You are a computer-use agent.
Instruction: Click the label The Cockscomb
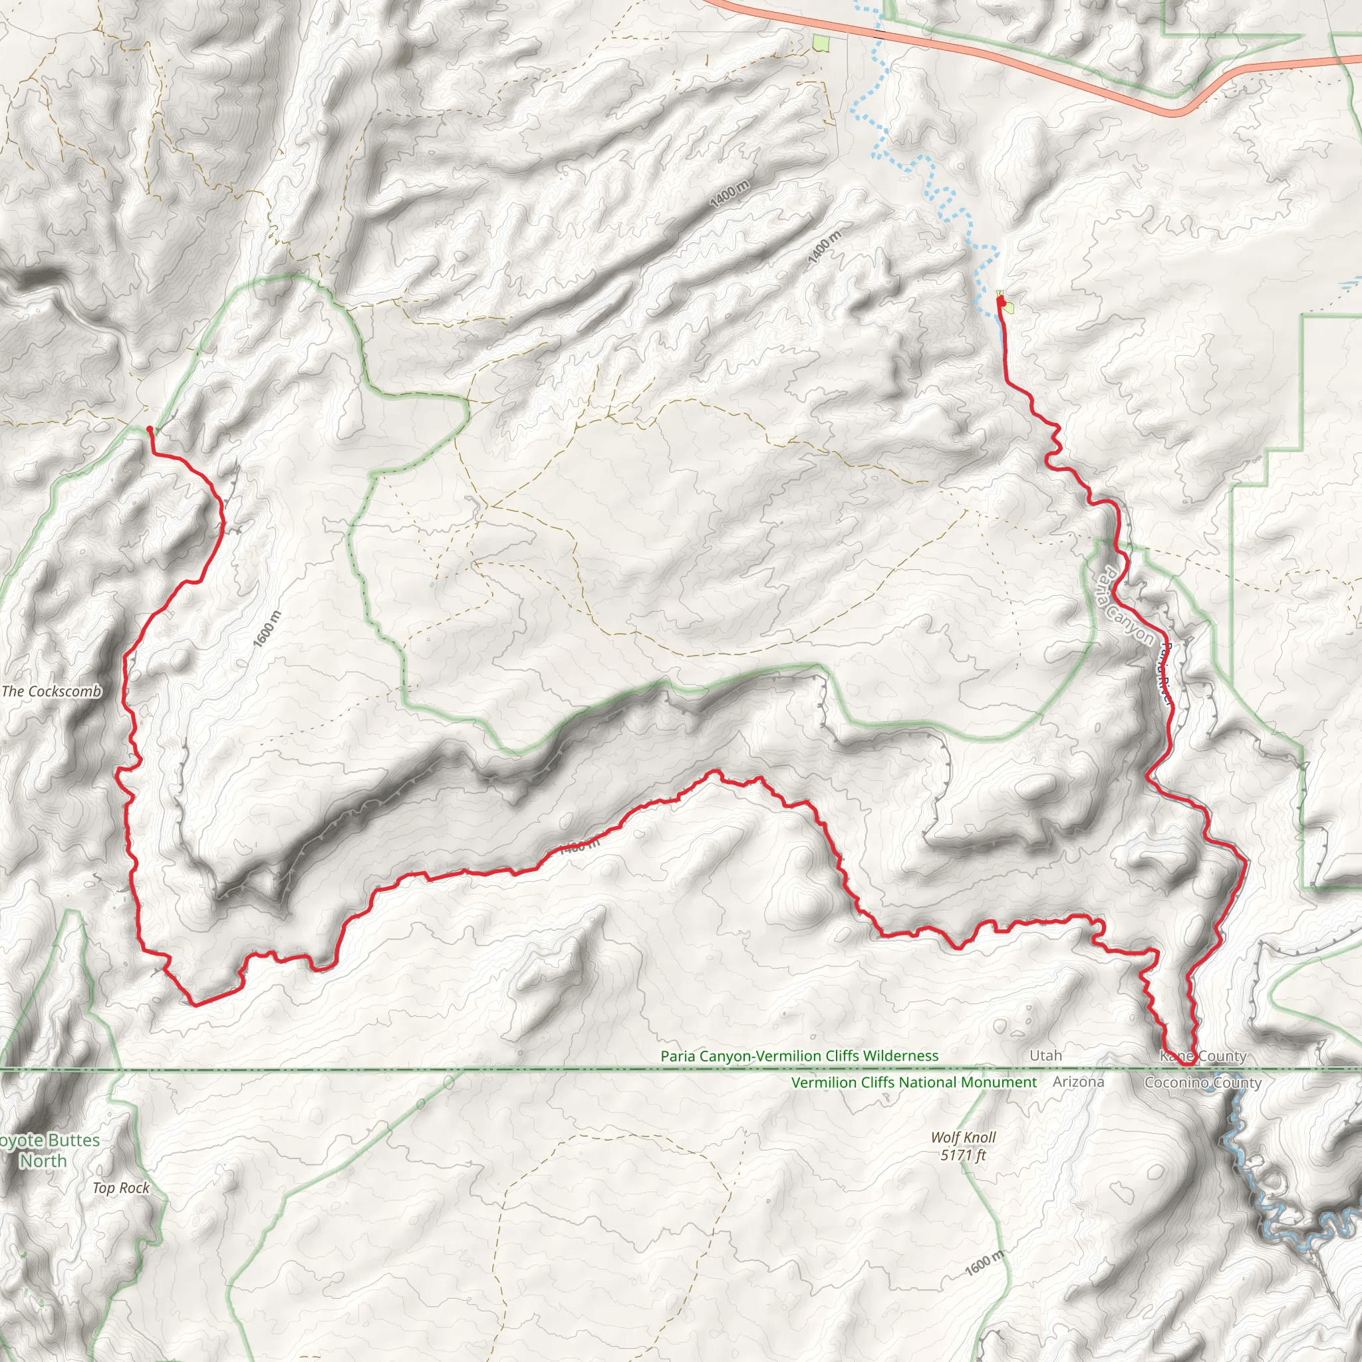coord(51,692)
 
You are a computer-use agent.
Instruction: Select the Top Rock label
coord(121,1188)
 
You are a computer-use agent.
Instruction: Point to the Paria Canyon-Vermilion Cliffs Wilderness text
coord(799,1056)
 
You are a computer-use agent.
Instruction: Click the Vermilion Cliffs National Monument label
coord(914,1082)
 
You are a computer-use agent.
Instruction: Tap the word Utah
coord(1045,1055)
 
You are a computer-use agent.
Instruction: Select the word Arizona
coord(1078,1081)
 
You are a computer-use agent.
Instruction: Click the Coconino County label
coord(1202,1083)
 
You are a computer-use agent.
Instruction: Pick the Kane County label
coord(1202,1056)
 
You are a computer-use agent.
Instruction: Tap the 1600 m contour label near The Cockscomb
coord(267,629)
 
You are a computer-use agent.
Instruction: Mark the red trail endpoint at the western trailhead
coord(150,429)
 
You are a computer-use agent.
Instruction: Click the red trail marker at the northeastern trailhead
coord(1000,302)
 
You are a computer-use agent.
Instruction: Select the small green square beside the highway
coord(820,44)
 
